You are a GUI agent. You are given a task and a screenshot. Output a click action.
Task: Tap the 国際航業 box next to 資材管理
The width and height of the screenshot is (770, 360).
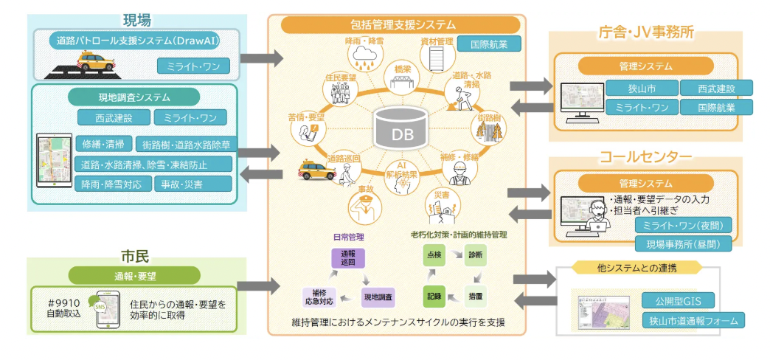pos(489,44)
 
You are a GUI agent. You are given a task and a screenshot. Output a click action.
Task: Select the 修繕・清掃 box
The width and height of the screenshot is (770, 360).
pos(103,143)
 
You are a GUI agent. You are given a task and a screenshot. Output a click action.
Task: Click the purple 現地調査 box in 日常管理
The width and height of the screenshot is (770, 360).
pos(379,298)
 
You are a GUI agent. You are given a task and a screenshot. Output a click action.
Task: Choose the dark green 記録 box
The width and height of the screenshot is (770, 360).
pos(434,297)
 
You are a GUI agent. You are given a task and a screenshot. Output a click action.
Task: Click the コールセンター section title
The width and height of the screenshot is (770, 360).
pos(645,157)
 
